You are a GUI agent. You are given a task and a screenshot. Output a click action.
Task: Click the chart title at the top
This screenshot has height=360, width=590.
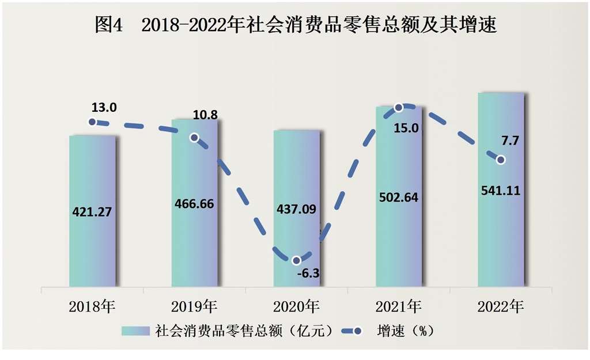[x=295, y=25]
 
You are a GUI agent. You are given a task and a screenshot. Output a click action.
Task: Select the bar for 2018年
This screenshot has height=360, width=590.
[x=92, y=173]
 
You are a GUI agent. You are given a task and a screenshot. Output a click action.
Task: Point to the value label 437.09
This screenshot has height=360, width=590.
[x=297, y=209]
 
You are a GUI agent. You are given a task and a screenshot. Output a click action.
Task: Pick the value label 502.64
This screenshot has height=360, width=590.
[x=399, y=197]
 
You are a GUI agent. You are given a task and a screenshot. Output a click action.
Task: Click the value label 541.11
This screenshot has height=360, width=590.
[x=501, y=190]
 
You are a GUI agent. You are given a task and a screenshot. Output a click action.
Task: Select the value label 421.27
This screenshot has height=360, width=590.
[x=92, y=211]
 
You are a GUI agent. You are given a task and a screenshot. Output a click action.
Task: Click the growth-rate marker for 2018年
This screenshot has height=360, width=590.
[x=92, y=122]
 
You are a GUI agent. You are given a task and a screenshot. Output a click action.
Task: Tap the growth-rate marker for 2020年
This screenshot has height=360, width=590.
[x=297, y=260]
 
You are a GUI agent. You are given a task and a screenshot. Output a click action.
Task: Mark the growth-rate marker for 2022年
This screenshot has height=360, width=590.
[x=501, y=160]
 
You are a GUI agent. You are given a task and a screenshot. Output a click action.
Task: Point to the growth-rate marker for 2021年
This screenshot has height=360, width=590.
[x=399, y=107]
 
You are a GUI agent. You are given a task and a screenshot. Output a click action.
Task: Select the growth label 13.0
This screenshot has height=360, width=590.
[x=104, y=107]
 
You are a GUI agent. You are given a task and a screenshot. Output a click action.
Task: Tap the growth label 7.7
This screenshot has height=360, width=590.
[x=510, y=141]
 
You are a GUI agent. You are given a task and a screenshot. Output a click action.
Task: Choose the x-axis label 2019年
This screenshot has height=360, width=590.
[x=195, y=306]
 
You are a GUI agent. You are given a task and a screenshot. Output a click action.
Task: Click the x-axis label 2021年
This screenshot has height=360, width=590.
[x=399, y=306]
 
